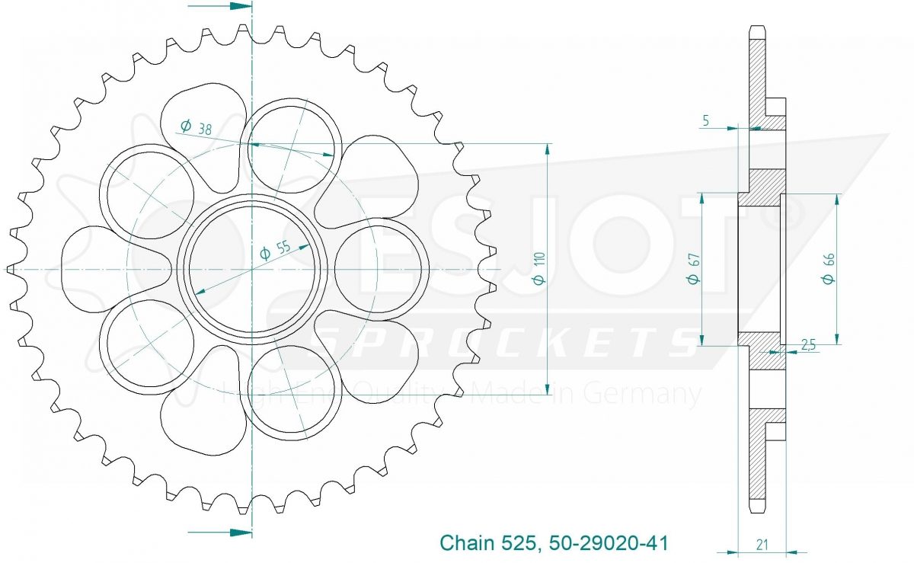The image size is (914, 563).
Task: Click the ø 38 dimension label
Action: [196, 127]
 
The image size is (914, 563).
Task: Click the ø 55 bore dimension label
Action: [276, 249]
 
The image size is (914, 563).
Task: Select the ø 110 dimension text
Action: [539, 268]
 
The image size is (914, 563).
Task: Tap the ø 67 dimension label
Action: [693, 268]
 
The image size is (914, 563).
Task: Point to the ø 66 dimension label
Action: [829, 268]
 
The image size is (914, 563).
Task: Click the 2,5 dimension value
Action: [808, 345]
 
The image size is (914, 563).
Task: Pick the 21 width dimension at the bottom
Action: [762, 545]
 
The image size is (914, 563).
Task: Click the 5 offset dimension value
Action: [706, 120]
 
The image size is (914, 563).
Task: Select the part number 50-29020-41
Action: [609, 542]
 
